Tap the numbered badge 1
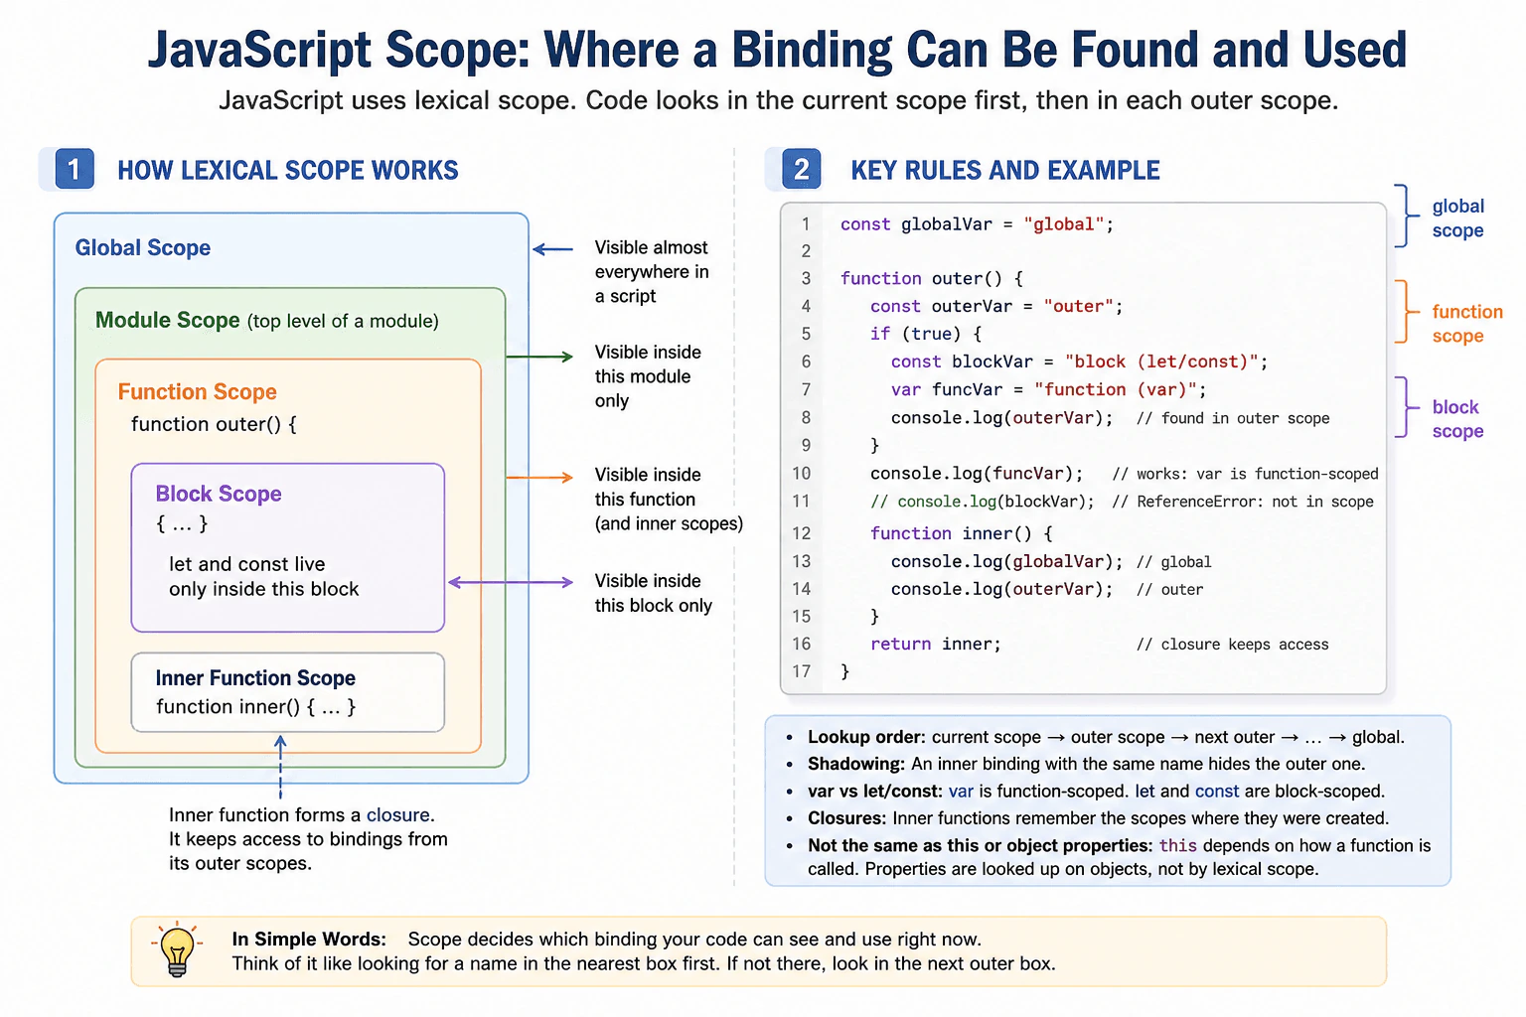[x=75, y=168]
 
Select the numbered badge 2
[x=801, y=168]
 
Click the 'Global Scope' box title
[x=142, y=247]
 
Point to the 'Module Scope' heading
[x=168, y=320]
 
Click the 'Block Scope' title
[x=218, y=494]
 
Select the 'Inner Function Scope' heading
[x=255, y=677]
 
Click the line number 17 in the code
[x=801, y=671]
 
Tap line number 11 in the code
[x=801, y=502]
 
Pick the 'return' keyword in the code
[x=901, y=644]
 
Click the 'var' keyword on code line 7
[x=906, y=389]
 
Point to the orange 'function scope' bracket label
[x=1466, y=324]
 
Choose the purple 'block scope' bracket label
[x=1457, y=419]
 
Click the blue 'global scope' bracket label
[x=1457, y=218]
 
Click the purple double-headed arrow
[x=511, y=582]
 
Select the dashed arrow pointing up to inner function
[x=280, y=767]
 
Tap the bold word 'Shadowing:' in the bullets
[x=856, y=764]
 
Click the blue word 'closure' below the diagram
[x=397, y=814]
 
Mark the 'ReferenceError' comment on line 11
[x=1243, y=502]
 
